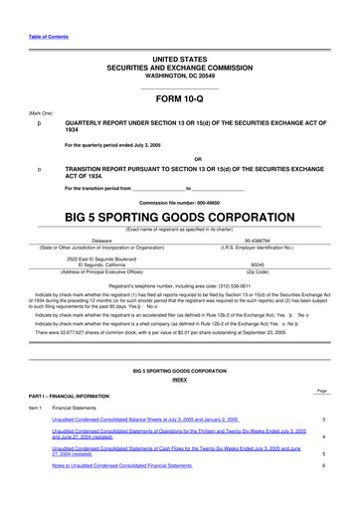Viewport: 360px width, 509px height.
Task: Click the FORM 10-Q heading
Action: tap(179, 100)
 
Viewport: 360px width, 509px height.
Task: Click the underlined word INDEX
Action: tap(179, 380)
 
